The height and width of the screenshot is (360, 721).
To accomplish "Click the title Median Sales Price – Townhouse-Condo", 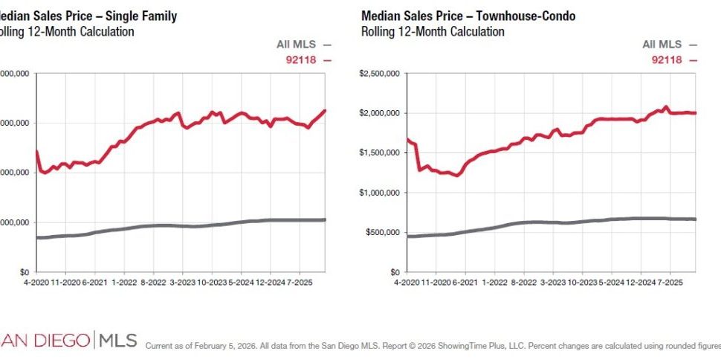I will pos(468,16).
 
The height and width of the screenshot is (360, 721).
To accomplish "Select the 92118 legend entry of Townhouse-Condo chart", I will pos(667,60).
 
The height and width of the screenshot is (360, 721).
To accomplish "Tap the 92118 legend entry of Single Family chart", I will pos(302,60).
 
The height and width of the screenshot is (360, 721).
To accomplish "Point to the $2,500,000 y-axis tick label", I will pos(380,73).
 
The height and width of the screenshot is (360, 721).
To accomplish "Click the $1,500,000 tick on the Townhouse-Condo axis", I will pos(380,152).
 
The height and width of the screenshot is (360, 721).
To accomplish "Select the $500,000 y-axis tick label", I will pos(383,232).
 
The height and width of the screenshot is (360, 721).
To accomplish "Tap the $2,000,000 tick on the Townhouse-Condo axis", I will pos(380,113).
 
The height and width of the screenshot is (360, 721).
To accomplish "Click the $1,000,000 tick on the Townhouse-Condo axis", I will pos(380,193).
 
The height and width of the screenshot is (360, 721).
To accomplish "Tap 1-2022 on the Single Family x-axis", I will pos(123,283).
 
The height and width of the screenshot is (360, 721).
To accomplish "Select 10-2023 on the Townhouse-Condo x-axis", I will pos(582,283).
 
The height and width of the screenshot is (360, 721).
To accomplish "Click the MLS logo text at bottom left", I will pos(117,341).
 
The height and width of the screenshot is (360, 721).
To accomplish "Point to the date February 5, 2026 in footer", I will pos(222,346).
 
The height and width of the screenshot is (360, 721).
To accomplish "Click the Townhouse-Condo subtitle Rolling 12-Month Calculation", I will pos(433,32).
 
